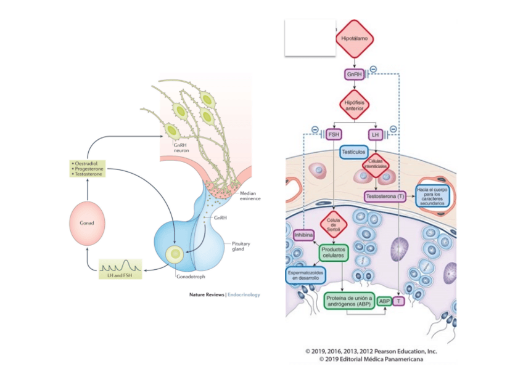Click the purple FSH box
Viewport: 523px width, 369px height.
click(333, 134)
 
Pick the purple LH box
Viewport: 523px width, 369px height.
click(376, 134)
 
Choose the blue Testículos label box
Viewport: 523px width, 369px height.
click(354, 150)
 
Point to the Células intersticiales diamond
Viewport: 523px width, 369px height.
click(376, 164)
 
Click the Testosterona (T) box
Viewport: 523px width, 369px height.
click(385, 196)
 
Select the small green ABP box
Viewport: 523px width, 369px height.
click(385, 301)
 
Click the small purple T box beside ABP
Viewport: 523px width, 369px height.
click(399, 301)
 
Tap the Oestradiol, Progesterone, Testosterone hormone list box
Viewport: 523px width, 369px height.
click(87, 168)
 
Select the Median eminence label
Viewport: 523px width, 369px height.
click(249, 196)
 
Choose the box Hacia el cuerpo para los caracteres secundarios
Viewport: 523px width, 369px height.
click(433, 196)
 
